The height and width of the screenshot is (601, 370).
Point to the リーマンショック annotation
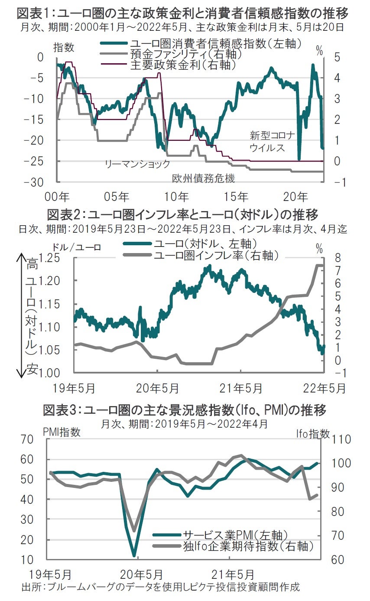[137, 164]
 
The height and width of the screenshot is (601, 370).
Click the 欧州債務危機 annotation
[204, 178]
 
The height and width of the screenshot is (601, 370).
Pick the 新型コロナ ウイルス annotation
[272, 141]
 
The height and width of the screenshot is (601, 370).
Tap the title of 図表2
[182, 214]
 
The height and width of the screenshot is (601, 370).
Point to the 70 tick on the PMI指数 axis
[28, 439]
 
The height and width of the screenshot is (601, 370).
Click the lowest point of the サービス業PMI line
[134, 556]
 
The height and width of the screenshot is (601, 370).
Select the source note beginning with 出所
[160, 588]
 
